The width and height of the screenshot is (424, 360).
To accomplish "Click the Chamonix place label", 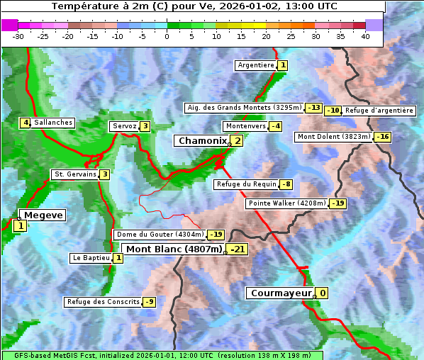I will point(201,141).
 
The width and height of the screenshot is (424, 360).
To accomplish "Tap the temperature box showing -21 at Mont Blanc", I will point(237,249).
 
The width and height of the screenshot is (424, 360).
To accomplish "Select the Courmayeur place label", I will point(281,293).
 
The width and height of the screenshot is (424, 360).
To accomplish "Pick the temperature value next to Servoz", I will point(145,126).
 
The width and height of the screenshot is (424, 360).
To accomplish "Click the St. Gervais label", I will point(74,174).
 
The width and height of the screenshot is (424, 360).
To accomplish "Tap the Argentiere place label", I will point(256,65).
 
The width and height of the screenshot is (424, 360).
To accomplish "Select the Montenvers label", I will point(245,126).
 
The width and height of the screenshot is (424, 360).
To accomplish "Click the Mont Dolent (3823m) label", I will point(334,137).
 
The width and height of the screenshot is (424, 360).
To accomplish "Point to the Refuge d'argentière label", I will point(379,111).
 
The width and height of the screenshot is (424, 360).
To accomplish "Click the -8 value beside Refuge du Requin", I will point(286,184).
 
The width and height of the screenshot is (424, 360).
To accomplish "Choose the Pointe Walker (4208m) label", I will point(286,203).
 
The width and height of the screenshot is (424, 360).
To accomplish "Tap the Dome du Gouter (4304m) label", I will point(160,235).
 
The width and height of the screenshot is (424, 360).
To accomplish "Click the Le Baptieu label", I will point(91,258).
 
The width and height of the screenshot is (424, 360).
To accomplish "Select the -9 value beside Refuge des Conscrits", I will point(149,302).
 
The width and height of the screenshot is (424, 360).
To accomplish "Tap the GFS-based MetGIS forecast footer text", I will point(162,355).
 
